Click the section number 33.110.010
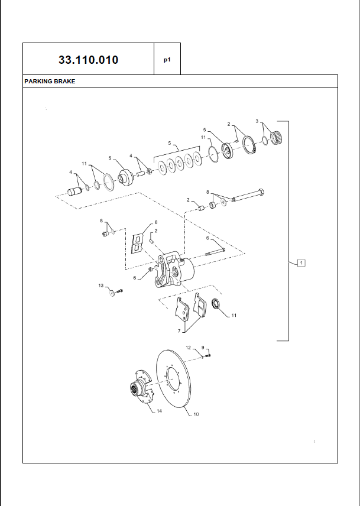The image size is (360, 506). tap(89, 60)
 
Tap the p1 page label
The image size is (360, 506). tap(167, 60)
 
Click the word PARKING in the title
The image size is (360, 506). tap(37, 82)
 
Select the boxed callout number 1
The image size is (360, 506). tap(301, 262)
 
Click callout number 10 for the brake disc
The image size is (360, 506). tap(196, 414)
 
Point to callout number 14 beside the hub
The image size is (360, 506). tap(159, 411)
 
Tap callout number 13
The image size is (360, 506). tap(101, 286)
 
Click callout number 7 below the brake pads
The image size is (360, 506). tap(179, 331)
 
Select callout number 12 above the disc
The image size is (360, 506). tap(189, 348)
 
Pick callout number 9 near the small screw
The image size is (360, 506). tap(203, 348)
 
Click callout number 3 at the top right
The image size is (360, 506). tap(257, 121)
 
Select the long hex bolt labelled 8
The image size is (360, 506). tap(248, 195)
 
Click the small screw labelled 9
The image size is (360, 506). tap(208, 355)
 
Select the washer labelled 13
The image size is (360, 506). tap(112, 293)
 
